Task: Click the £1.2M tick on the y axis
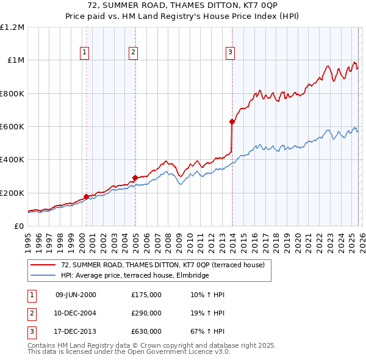(12, 27)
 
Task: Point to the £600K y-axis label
(12, 127)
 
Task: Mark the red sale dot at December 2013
(232, 121)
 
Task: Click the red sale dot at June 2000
(86, 196)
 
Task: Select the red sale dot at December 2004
(135, 178)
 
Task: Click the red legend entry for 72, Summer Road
(162, 265)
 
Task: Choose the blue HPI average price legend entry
(135, 275)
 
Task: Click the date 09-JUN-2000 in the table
(76, 295)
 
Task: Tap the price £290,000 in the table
(146, 313)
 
